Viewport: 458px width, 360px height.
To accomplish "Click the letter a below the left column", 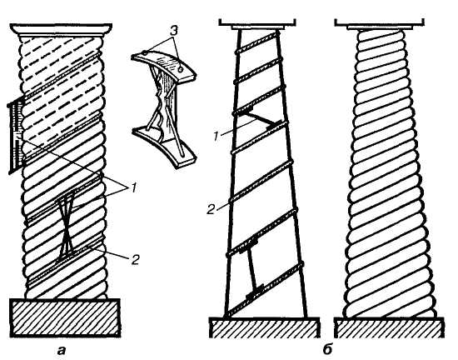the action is (x=62, y=350).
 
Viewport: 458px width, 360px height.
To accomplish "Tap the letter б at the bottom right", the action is (x=328, y=349).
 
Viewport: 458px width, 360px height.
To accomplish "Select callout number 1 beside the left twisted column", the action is (x=133, y=187).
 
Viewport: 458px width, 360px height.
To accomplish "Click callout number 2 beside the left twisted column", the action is (x=135, y=259).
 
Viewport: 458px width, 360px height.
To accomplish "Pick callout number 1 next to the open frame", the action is (x=216, y=136).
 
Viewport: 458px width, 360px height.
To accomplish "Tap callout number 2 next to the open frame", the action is (x=211, y=209).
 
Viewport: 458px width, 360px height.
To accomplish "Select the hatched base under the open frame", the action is (x=264, y=327).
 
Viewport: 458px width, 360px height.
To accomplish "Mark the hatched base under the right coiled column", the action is (x=390, y=327).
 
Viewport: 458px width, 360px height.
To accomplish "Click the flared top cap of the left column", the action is (x=61, y=29).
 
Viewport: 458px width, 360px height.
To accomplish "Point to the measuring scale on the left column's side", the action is (x=16, y=137).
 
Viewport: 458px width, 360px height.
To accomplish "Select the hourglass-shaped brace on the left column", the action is (x=67, y=227).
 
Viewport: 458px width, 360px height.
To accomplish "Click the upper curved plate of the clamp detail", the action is (x=164, y=65).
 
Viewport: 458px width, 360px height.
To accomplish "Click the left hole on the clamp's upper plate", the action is (x=145, y=52).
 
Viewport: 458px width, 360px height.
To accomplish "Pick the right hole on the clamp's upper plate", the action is (x=181, y=69).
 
